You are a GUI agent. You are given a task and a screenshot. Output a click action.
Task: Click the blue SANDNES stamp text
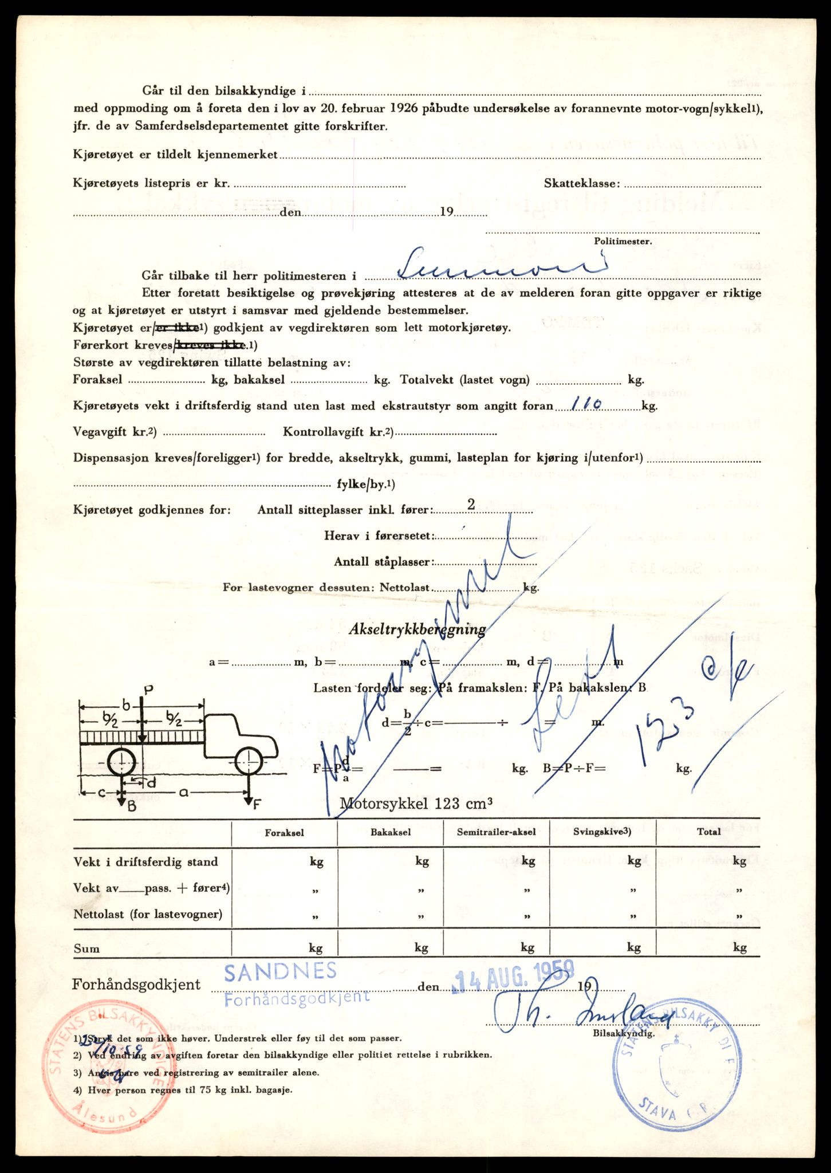click(x=280, y=971)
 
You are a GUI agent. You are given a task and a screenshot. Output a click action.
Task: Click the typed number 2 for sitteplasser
click(x=471, y=504)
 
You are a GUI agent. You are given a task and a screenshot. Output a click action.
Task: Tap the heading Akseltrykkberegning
click(x=418, y=629)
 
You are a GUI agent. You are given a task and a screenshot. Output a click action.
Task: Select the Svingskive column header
click(x=602, y=832)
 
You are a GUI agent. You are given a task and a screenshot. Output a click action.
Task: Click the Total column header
click(x=709, y=832)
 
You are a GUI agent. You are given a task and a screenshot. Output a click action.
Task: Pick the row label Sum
click(x=86, y=948)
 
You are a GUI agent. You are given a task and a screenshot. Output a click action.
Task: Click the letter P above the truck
click(x=147, y=690)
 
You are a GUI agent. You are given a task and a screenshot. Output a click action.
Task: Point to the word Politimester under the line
click(x=623, y=241)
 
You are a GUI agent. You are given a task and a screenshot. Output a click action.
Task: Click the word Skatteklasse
click(x=581, y=183)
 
